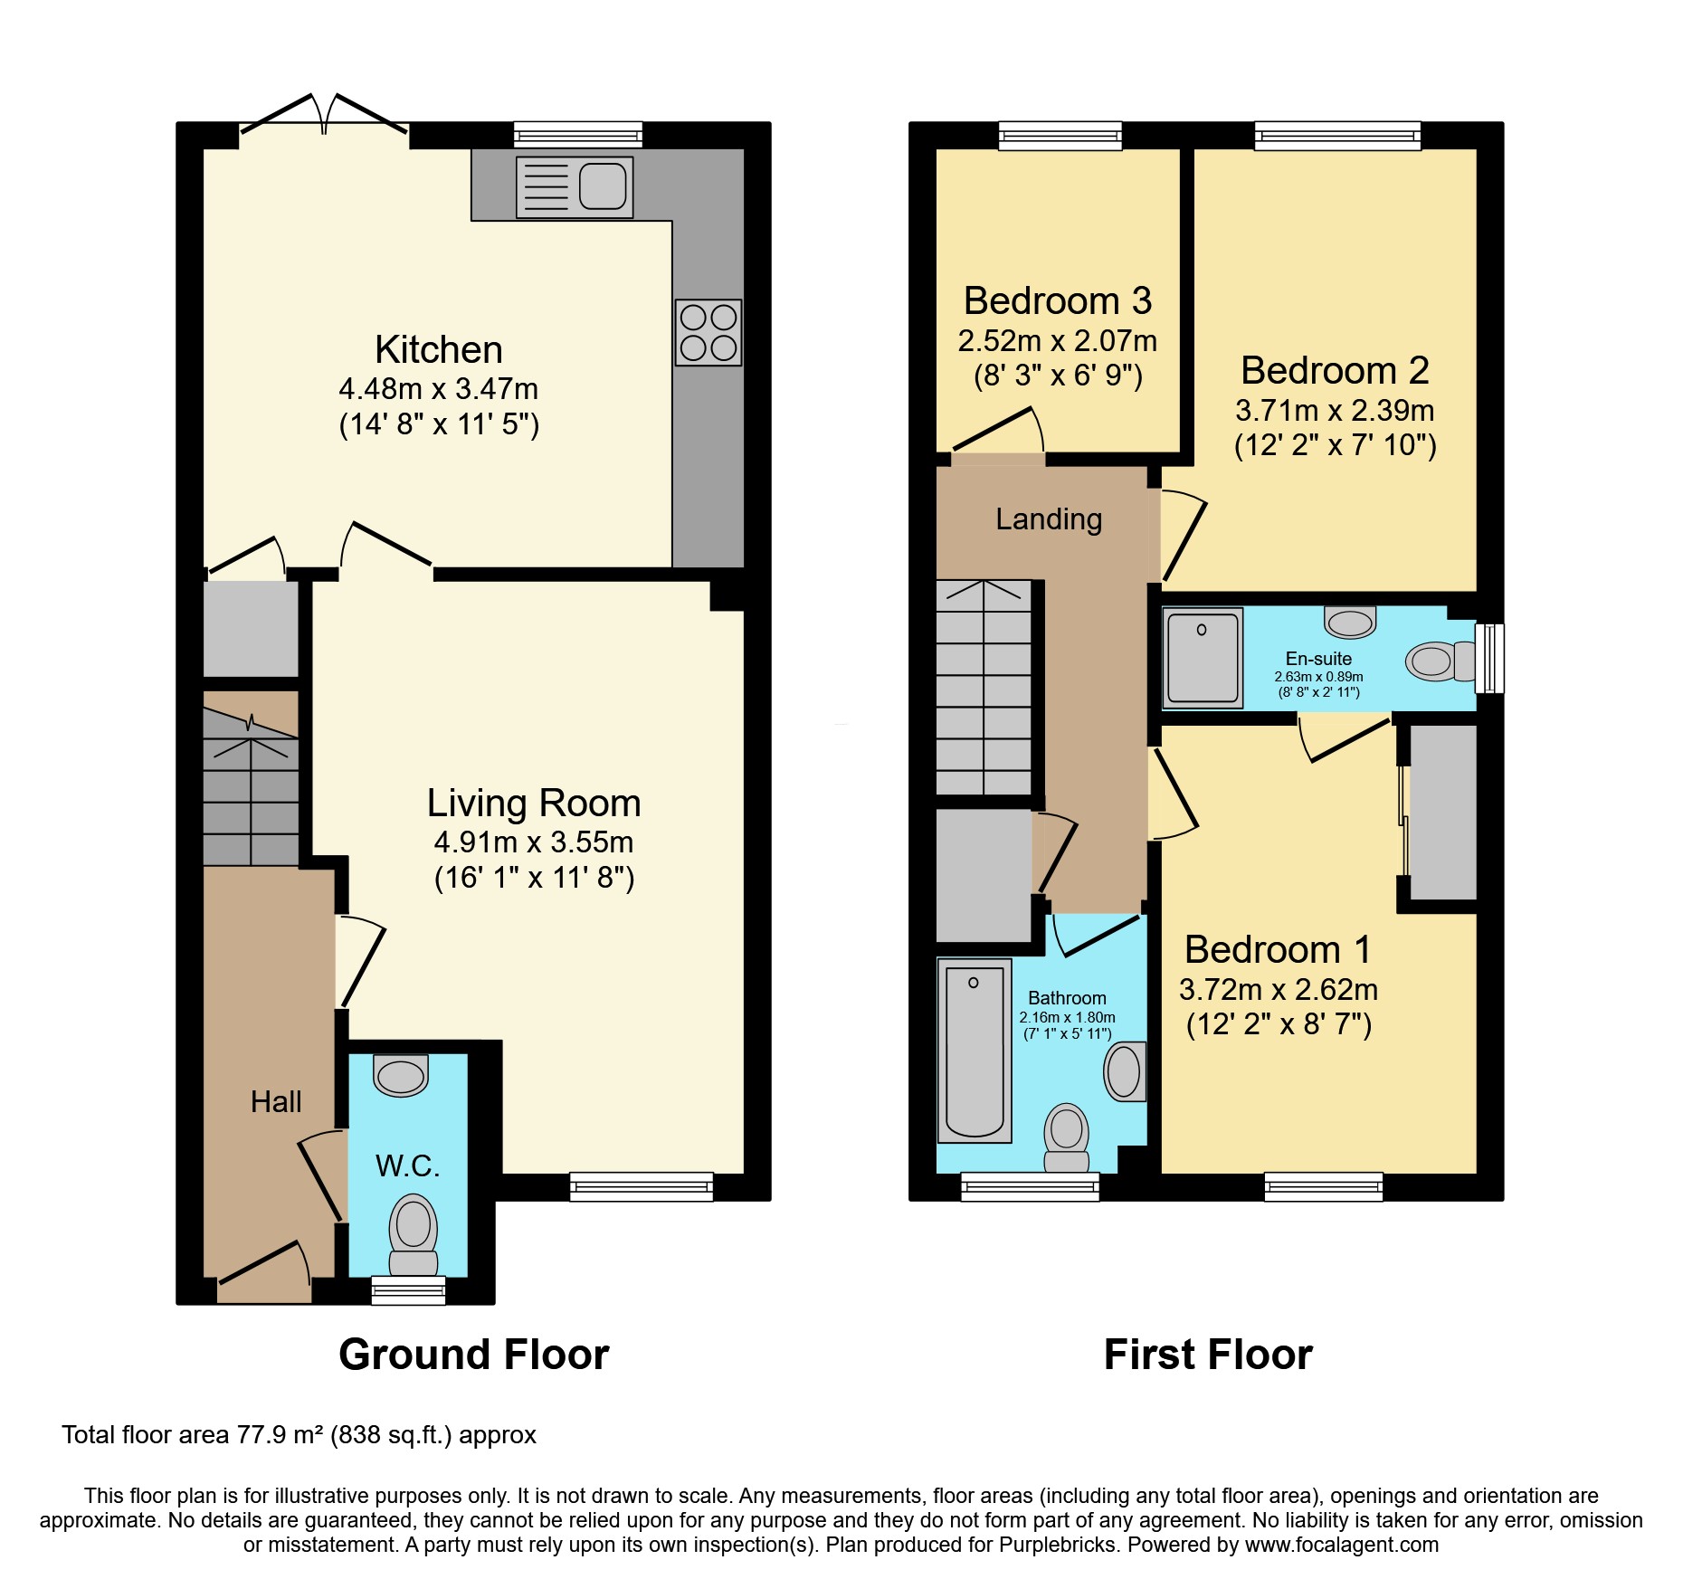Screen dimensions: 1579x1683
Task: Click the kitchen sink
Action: [x=575, y=187]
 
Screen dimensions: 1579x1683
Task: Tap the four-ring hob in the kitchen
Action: [x=708, y=333]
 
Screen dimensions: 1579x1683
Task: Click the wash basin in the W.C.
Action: [x=400, y=1076]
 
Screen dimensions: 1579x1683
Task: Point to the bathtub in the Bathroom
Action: [x=975, y=1051]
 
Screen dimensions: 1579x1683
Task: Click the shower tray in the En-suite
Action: [x=1203, y=658]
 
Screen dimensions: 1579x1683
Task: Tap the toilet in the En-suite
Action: [x=1439, y=661]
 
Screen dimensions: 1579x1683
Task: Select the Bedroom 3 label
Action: [x=1057, y=300]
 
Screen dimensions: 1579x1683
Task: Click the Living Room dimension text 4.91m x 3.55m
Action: [x=533, y=842]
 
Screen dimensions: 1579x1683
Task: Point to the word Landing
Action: [x=1049, y=519]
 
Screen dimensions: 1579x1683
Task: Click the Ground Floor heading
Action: [x=473, y=1355]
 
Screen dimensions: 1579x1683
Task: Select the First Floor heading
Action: [x=1208, y=1355]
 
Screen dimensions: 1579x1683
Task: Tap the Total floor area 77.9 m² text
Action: [x=299, y=1435]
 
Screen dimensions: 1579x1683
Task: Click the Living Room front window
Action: [x=642, y=1185]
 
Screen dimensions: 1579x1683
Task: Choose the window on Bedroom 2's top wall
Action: [x=1337, y=136]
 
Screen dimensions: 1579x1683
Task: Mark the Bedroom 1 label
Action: [x=1278, y=950]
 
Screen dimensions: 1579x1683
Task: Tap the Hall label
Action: [x=276, y=1102]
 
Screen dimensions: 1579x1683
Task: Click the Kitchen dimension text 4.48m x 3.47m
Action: [x=438, y=389]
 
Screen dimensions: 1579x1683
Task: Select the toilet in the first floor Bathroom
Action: [x=1067, y=1137]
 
